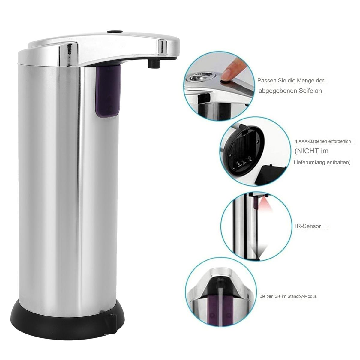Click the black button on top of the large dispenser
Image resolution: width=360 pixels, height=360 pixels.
(x=115, y=31)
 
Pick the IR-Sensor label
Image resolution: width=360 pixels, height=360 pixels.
(x=308, y=226)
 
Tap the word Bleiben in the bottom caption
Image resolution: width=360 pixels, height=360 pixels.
(x=265, y=301)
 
